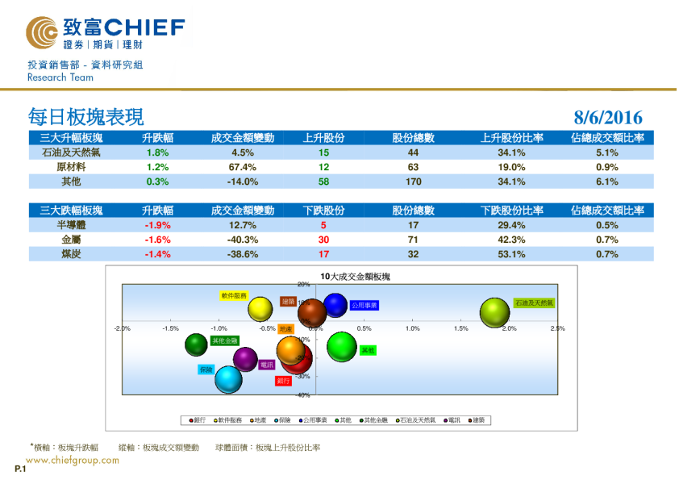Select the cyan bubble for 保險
click(x=228, y=378)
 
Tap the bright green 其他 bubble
click(x=342, y=347)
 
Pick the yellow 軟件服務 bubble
click(x=260, y=308)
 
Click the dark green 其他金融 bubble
click(x=196, y=345)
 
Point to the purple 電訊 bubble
click(x=245, y=360)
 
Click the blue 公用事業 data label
click(x=364, y=306)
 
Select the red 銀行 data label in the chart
click(x=283, y=380)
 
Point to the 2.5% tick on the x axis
click(x=557, y=328)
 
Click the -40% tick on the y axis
click(x=303, y=395)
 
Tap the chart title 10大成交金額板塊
click(x=355, y=276)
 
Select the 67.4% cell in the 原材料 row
click(x=243, y=167)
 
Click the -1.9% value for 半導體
click(x=157, y=225)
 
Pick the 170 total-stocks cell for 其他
click(x=413, y=182)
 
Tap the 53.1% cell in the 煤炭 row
click(x=511, y=254)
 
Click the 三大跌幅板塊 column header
click(x=71, y=211)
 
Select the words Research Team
click(x=60, y=78)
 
